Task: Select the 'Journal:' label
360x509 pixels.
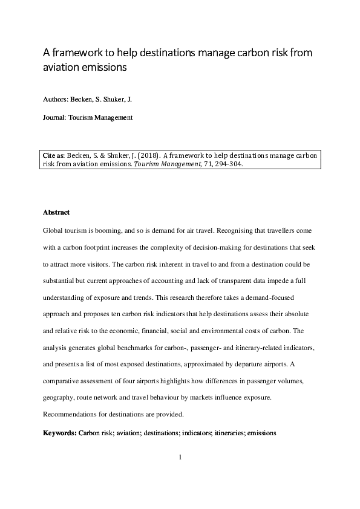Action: [56, 118]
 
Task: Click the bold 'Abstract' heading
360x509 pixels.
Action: [56, 213]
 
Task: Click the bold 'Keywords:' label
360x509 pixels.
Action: [60, 433]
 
